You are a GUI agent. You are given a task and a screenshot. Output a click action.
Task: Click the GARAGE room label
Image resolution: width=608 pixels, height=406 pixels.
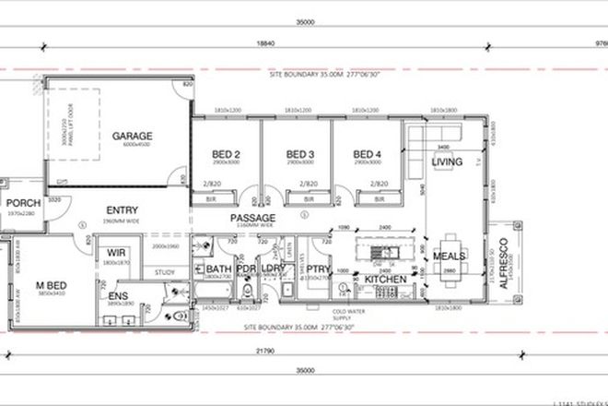point(132,136)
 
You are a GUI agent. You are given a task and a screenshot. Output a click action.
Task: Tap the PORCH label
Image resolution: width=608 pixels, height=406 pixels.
point(20,203)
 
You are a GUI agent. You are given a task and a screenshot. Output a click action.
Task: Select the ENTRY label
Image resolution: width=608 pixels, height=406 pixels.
point(123,209)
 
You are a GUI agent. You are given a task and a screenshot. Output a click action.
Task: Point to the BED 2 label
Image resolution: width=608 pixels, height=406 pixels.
point(226,153)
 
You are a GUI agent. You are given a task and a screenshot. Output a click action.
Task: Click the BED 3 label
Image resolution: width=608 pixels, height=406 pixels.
point(301,153)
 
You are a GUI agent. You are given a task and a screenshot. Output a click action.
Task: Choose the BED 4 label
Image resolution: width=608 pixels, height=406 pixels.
point(368,153)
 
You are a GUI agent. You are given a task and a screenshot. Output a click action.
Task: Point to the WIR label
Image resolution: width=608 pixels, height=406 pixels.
point(116,252)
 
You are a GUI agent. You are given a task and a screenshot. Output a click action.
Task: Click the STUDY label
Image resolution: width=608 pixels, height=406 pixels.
point(165,271)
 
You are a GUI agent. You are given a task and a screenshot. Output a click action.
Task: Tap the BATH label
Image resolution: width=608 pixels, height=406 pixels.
point(206,269)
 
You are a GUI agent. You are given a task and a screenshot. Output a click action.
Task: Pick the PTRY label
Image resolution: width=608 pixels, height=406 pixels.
point(321,269)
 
